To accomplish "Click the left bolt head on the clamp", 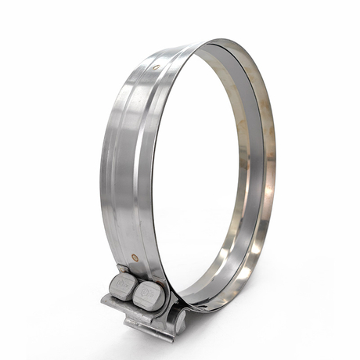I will click(123, 285).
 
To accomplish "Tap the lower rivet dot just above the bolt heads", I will click(135, 257).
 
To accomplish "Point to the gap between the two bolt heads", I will click(134, 290).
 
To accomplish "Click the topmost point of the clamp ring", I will click(227, 38).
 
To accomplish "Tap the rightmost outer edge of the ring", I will click(275, 157).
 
